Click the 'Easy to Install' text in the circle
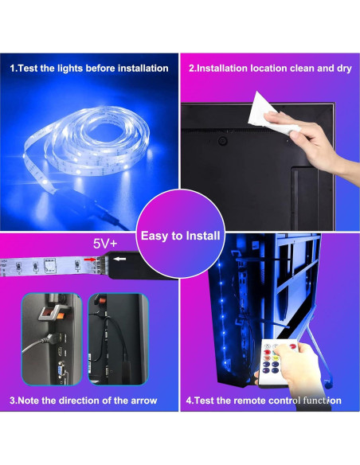[x=180, y=236]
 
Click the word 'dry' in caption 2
[x=342, y=68]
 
